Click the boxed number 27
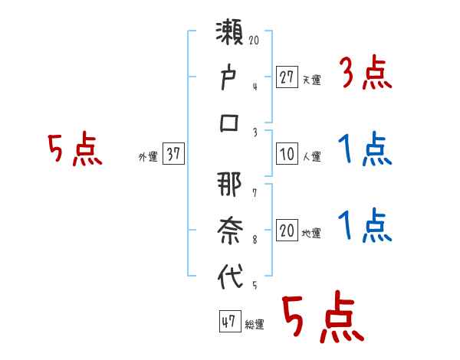pos(287,77)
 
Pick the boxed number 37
pos(173,154)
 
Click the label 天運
pos(311,79)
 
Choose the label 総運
pos(255,324)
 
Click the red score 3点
pos(366,74)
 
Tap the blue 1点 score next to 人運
pos(365,151)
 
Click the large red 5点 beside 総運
pos(323,318)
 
